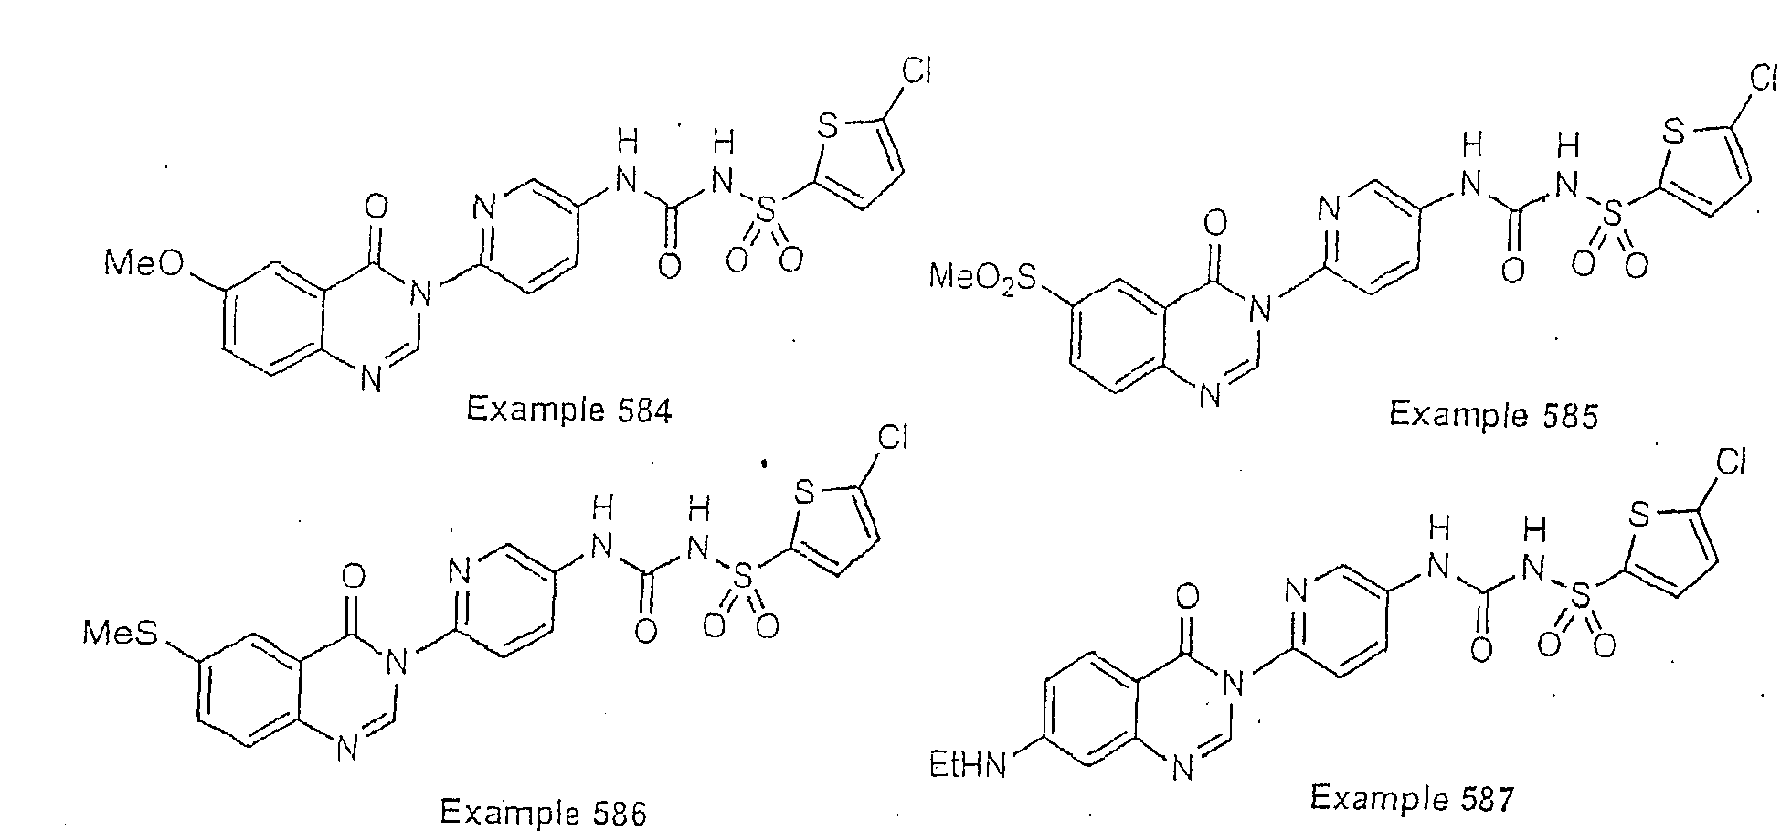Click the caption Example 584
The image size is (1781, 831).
(x=568, y=410)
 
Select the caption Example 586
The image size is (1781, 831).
(x=543, y=811)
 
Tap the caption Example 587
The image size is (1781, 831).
(x=1412, y=797)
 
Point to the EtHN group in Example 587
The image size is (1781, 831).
(x=968, y=764)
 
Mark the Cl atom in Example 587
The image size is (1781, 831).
(x=1731, y=464)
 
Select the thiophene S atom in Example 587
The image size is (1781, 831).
(x=1641, y=517)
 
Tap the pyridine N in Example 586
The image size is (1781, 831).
(x=460, y=573)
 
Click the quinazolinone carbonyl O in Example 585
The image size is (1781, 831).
(x=1214, y=223)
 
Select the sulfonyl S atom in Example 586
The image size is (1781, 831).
(x=743, y=576)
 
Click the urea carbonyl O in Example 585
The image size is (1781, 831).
(x=1512, y=271)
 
